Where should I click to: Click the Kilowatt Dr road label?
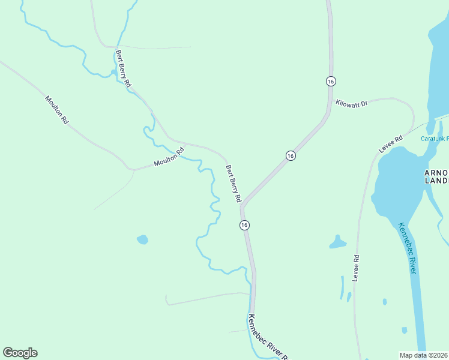pos(352,103)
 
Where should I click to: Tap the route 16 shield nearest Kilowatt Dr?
pos(330,81)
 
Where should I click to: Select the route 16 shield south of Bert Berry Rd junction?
pos(244,224)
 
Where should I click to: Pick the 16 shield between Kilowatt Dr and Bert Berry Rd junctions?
pos(291,155)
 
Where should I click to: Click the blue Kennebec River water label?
pos(406,248)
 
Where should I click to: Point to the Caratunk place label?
pos(434,139)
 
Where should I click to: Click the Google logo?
pos(20,353)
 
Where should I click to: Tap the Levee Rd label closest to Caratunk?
pos(390,143)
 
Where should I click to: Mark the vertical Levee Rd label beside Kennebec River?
pos(356,268)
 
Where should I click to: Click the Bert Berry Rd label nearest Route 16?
pos(233,183)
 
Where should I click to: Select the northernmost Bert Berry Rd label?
pos(123,69)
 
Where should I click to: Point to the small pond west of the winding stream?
pos(142,240)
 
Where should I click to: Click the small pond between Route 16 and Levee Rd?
pos(337,242)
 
